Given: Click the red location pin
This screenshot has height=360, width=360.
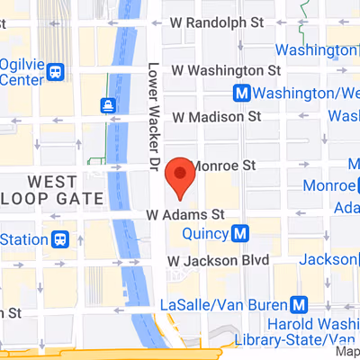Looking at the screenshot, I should coord(181,176).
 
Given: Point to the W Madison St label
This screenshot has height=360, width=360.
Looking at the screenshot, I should coord(217,116).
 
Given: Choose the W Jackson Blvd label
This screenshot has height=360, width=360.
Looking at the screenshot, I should coord(219,260).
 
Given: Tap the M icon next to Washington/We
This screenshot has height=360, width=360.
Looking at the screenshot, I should coord(241,93).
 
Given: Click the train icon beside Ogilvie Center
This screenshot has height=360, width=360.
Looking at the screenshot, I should coord(57,71).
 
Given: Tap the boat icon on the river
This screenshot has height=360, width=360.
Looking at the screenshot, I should coord(110,103).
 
